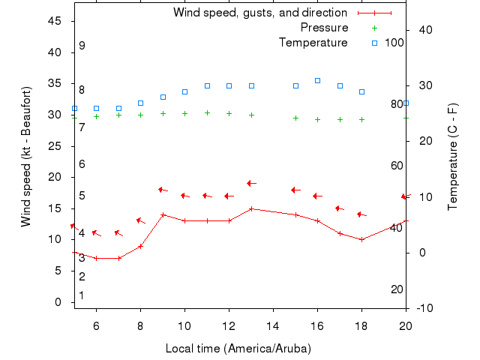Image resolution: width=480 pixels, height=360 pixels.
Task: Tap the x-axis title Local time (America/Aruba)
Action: coord(238,349)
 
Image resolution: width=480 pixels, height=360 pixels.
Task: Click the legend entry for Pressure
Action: coord(324,28)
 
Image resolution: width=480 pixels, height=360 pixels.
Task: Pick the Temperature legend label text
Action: coord(313,43)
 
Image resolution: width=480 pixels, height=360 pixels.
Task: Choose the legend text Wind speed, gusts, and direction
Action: coord(259,13)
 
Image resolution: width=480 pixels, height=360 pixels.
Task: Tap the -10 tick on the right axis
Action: coord(422,308)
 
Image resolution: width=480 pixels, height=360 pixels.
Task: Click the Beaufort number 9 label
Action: coord(82,46)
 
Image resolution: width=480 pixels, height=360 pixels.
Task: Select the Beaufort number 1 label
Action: coord(82,295)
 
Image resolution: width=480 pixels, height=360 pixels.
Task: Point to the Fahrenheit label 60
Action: coord(397,166)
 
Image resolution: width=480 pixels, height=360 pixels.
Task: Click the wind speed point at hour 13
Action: coord(251,208)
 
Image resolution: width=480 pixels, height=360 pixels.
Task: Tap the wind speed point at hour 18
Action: coord(361,239)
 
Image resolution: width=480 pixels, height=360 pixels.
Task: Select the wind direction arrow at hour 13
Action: coord(251,183)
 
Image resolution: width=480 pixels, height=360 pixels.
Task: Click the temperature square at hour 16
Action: coord(317,80)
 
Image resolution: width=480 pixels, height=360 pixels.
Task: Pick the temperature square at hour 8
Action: coord(140,103)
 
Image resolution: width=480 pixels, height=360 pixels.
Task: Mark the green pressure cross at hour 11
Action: coord(207,112)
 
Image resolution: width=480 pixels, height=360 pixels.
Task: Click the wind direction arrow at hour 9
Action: coord(163,190)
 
